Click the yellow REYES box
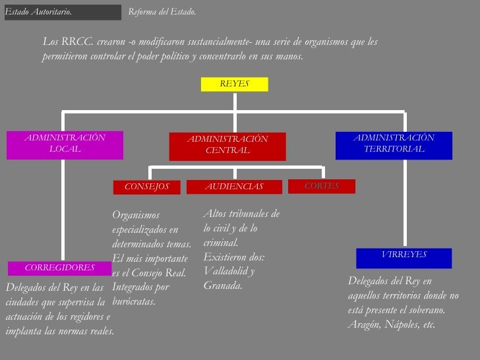tap(234, 84)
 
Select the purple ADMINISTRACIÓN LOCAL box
tap(65, 144)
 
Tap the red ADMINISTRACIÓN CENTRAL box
tap(227, 146)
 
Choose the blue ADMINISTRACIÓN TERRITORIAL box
tap(394, 145)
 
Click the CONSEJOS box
tap(146, 187)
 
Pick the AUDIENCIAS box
tap(234, 187)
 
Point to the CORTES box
tap(321, 187)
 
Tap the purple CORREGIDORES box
tap(59, 268)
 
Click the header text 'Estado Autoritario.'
tap(38, 12)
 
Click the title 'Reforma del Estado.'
tap(162, 12)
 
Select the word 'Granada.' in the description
tap(224, 286)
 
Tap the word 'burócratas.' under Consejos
tap(135, 301)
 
